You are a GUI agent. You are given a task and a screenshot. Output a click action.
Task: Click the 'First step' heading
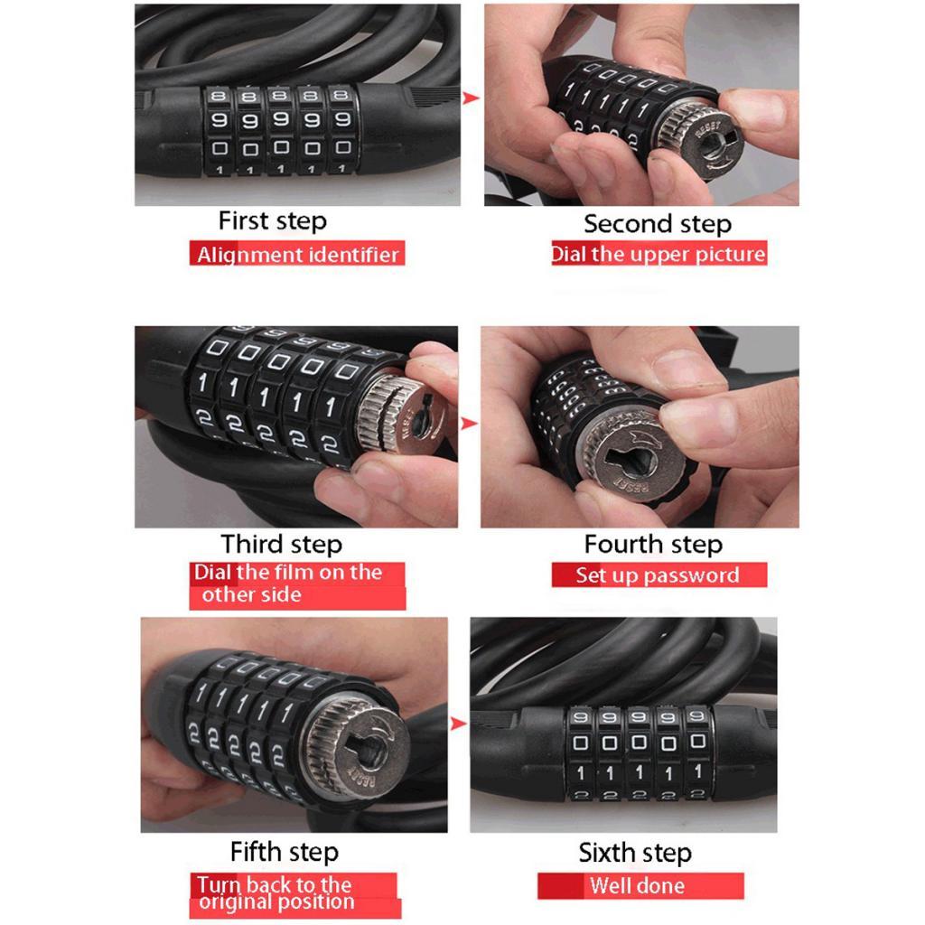click(272, 221)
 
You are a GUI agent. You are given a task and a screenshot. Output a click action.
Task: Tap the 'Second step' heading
click(658, 224)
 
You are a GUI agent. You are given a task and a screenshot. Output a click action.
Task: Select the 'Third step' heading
click(282, 545)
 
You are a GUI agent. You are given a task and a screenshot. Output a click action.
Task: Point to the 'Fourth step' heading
click(653, 545)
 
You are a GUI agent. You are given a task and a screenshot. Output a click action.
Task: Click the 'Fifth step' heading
click(285, 852)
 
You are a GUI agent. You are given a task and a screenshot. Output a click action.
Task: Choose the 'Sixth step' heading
click(635, 853)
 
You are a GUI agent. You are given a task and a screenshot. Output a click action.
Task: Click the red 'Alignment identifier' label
click(297, 254)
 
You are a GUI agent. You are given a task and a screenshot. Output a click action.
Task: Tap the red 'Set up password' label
click(659, 575)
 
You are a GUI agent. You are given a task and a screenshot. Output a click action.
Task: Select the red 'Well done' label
click(640, 885)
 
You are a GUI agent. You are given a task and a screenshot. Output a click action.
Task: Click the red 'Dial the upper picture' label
click(659, 253)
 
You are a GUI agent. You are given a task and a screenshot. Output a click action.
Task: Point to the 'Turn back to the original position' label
click(295, 895)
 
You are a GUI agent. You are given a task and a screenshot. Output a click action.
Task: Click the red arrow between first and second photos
click(471, 98)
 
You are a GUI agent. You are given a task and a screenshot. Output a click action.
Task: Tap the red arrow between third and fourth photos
click(469, 424)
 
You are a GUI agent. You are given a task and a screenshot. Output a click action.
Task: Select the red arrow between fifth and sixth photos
click(458, 724)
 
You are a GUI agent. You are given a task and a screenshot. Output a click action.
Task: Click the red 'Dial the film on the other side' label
click(297, 585)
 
